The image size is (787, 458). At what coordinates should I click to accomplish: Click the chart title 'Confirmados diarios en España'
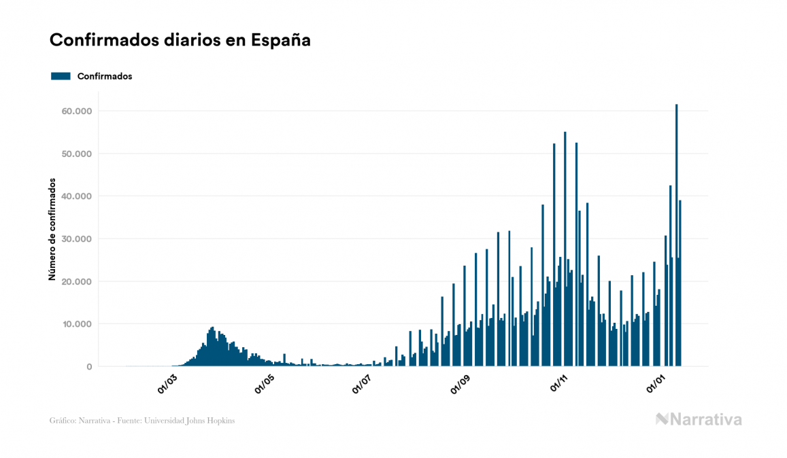180,40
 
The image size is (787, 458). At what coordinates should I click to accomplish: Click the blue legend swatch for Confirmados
61,76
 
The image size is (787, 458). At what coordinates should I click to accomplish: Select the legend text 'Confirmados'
105,76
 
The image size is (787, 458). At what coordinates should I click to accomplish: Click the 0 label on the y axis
88,367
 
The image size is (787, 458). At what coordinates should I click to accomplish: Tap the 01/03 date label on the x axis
167,385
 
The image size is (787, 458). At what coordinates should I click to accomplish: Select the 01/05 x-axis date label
265,385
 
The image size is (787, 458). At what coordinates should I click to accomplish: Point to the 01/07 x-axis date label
363,385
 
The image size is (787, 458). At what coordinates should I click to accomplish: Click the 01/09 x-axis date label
461,385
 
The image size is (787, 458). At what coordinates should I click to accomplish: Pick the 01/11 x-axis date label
558,385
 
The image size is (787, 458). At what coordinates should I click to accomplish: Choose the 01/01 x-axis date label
656,385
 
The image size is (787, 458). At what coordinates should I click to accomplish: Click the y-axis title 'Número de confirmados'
52,230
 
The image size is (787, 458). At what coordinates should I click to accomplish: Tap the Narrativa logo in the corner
699,419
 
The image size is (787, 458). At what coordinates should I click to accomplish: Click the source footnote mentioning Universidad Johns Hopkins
142,421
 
